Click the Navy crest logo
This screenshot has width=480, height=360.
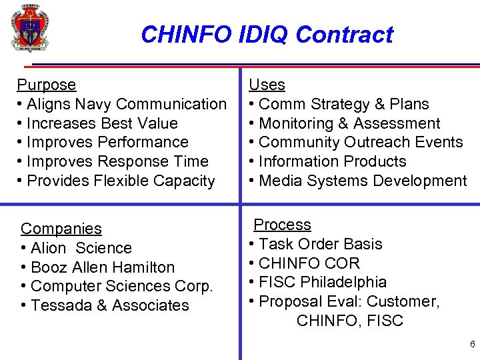point(30,28)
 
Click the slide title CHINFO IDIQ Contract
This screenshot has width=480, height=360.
point(267,34)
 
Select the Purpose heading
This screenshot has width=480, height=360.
point(46,85)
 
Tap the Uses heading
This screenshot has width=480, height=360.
point(267,85)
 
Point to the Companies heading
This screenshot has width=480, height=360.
point(61,229)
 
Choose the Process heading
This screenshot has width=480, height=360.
point(282,225)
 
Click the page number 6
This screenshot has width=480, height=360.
point(472,345)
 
